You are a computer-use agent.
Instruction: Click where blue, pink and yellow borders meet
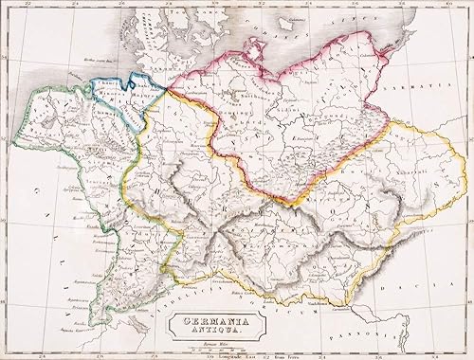click(169, 88)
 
